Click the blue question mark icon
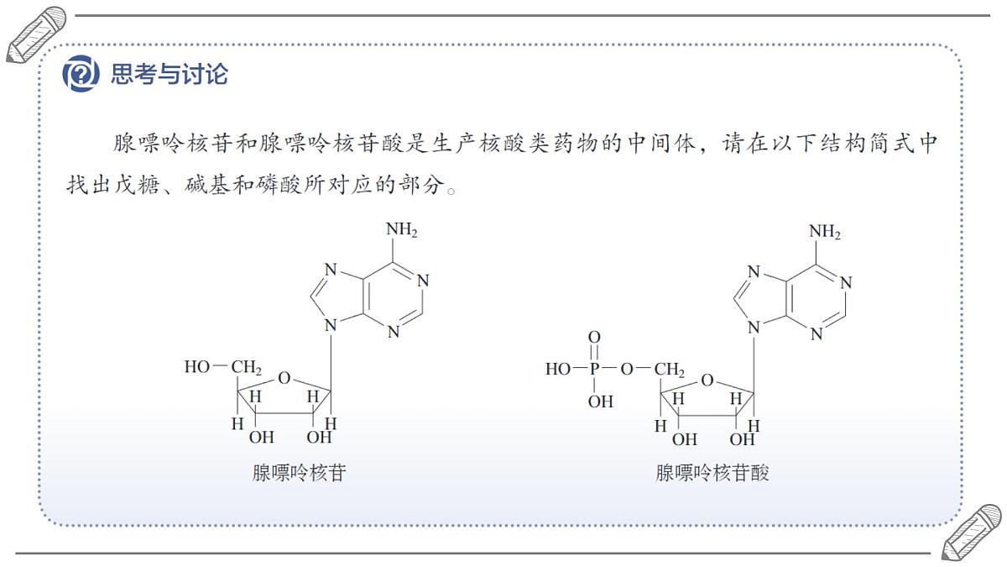[81, 74]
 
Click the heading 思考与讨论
[170, 74]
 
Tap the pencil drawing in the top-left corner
[36, 34]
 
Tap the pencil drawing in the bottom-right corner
[971, 533]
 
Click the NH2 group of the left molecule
[401, 230]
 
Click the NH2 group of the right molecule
[824, 232]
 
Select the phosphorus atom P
[594, 369]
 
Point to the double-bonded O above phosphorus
[594, 337]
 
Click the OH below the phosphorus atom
[601, 402]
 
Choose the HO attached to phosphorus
[558, 369]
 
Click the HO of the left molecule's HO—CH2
[197, 367]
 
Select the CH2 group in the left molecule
[247, 368]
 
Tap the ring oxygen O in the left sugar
[284, 378]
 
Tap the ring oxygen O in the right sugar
[707, 381]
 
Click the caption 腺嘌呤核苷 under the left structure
[299, 473]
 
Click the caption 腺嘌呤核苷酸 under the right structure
[712, 473]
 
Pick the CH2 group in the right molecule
[670, 370]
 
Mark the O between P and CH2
[627, 369]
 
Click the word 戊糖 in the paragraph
[137, 185]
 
